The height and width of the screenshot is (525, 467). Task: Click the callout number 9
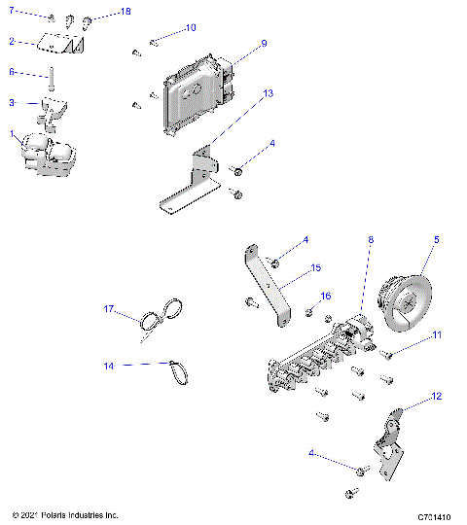[263, 44]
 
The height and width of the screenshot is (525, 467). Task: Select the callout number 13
[269, 92]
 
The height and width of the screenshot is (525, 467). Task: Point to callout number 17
[110, 309]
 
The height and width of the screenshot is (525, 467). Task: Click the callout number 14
[110, 366]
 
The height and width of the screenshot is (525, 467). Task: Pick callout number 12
[436, 396]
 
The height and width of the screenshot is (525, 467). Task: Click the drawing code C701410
[437, 514]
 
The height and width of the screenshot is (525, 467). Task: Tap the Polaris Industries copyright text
[64, 514]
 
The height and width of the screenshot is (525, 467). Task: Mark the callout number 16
[326, 295]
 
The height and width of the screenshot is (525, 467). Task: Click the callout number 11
[437, 334]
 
